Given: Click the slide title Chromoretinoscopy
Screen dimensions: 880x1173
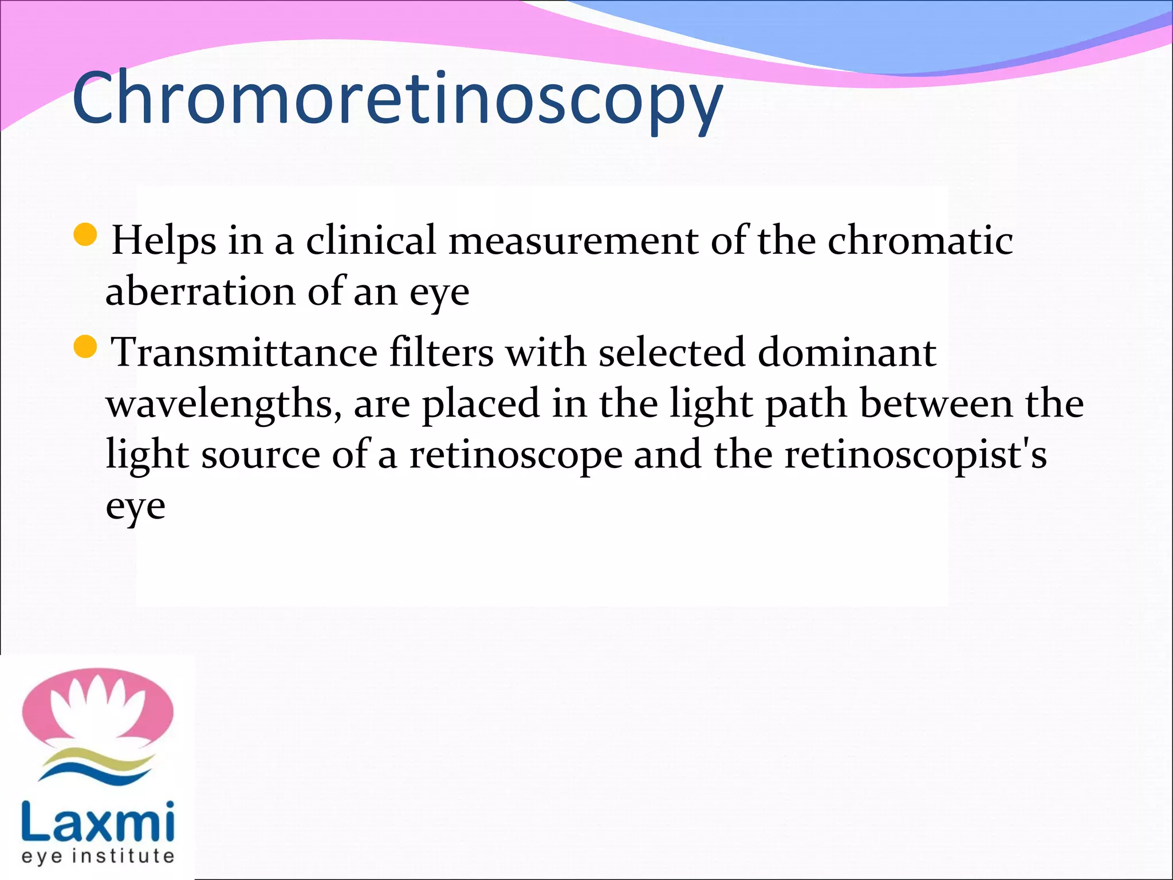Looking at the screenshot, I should tap(397, 99).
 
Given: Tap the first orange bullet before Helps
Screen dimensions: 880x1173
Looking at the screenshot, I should tap(86, 234).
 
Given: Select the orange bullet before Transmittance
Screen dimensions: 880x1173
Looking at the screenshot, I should tap(86, 347).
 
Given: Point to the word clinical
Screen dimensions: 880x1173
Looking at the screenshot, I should tap(371, 239).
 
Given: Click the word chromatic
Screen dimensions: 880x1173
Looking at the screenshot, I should tap(920, 239).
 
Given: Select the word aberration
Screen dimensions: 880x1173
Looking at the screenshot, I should tap(200, 291).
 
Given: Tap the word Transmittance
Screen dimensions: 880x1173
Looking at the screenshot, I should tap(244, 352).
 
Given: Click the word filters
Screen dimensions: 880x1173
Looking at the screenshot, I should tap(442, 352).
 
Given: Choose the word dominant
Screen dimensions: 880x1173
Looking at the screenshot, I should tap(847, 352).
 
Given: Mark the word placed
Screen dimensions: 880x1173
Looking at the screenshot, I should tap(481, 404).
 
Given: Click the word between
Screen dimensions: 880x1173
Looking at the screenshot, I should tap(936, 403).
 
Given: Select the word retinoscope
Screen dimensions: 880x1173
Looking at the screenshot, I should tap(515, 456).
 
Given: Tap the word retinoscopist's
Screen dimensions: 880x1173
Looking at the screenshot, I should tap(915, 456).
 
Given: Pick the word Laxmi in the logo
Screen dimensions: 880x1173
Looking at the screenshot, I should tap(97, 822).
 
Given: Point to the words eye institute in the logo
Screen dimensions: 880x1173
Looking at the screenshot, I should tap(97, 857).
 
